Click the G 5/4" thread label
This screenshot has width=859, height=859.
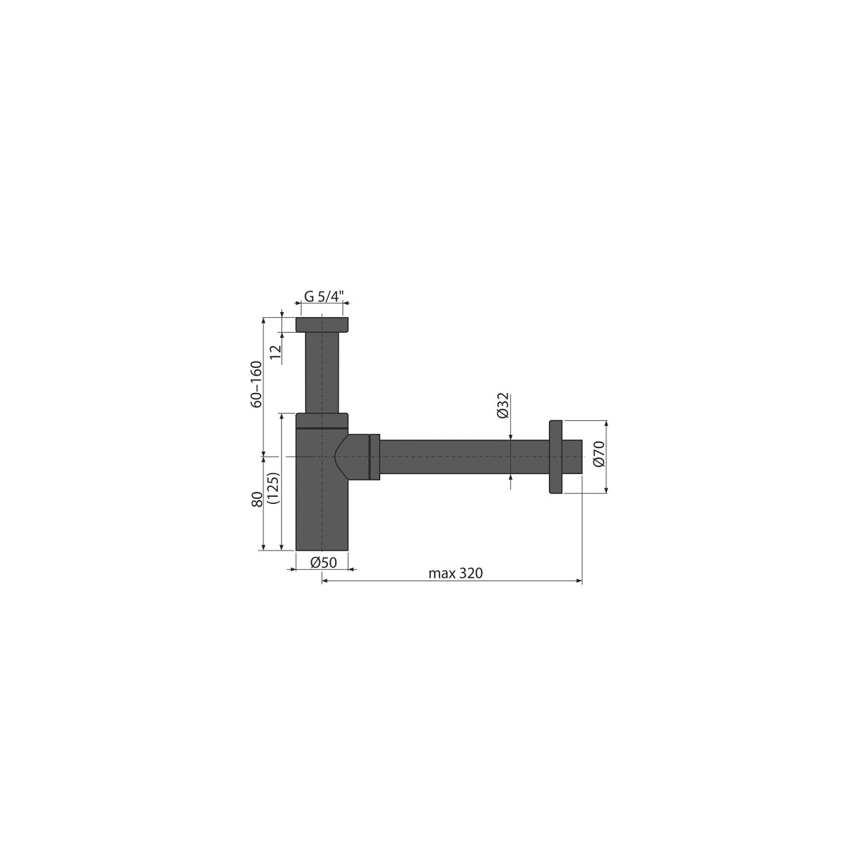point(324,296)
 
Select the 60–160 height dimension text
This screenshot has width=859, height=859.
point(257,384)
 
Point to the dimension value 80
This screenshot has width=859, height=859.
point(257,500)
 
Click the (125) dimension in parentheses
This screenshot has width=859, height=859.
point(273,487)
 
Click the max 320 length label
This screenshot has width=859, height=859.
point(455,573)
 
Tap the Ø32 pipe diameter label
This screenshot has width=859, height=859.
point(503,405)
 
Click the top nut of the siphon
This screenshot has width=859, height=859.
point(322,325)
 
